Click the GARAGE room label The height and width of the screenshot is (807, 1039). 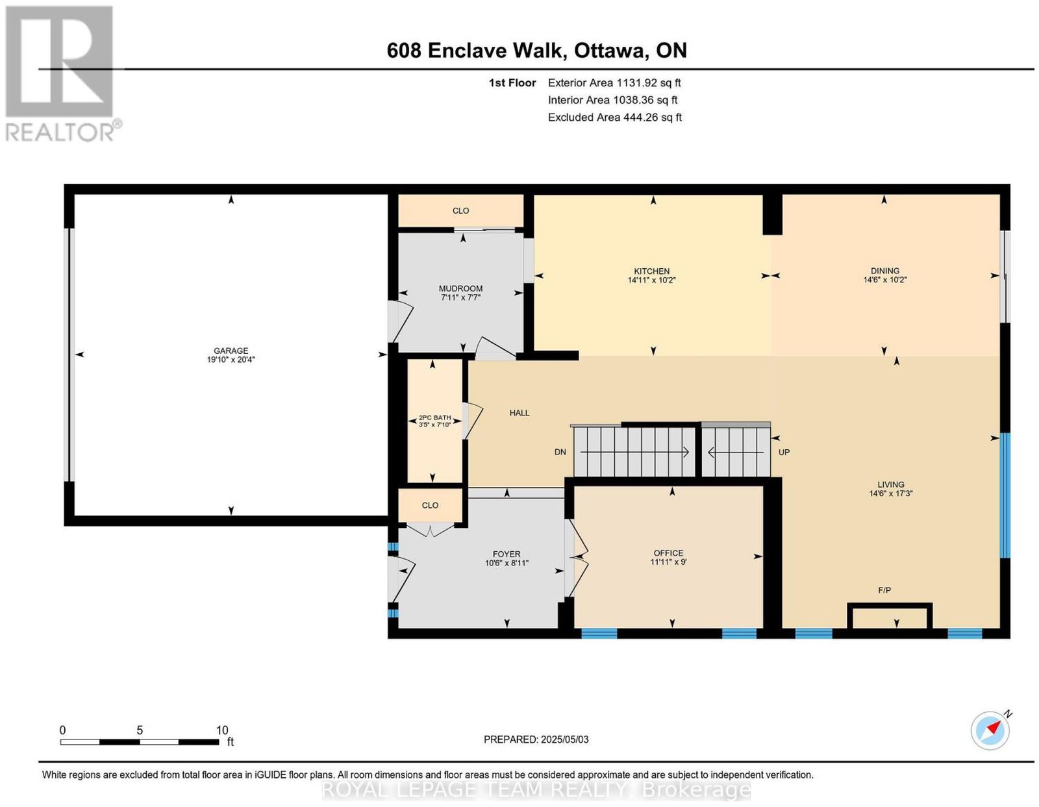pyautogui.click(x=231, y=350)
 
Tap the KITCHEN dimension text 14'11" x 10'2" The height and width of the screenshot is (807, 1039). pyautogui.click(x=651, y=280)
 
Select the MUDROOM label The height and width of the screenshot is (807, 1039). pyautogui.click(x=460, y=289)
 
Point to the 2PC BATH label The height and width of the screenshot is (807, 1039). pyautogui.click(x=434, y=417)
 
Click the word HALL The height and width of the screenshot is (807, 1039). pyautogui.click(x=519, y=413)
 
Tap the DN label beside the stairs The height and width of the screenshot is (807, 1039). pyautogui.click(x=560, y=451)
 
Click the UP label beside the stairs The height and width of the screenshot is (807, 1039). pyautogui.click(x=784, y=451)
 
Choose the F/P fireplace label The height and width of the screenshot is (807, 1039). pyautogui.click(x=884, y=590)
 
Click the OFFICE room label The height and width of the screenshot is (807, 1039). pyautogui.click(x=668, y=552)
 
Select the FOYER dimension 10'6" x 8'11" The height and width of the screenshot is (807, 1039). pyautogui.click(x=507, y=563)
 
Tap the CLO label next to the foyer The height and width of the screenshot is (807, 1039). pyautogui.click(x=430, y=505)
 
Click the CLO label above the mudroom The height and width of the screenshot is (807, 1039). pyautogui.click(x=460, y=211)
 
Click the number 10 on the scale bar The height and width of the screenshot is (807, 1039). pyautogui.click(x=222, y=730)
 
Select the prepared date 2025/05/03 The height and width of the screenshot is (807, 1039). pyautogui.click(x=564, y=739)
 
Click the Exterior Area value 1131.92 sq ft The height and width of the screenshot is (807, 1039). pyautogui.click(x=648, y=82)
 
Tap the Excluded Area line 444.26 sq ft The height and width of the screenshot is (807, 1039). pyautogui.click(x=614, y=117)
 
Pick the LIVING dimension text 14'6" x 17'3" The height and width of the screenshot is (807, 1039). pyautogui.click(x=890, y=493)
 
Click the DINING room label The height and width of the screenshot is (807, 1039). pyautogui.click(x=884, y=271)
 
